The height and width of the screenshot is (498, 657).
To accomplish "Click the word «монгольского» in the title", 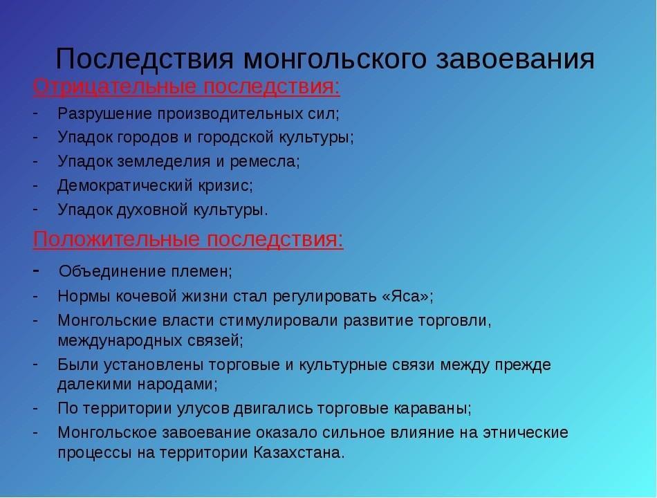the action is point(335,59).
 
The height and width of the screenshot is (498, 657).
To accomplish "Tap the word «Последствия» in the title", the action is point(145,58).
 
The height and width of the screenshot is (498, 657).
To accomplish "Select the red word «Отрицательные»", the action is point(114,87).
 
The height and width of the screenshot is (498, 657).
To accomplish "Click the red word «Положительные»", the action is point(116,239).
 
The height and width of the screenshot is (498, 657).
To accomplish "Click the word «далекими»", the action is point(95,384).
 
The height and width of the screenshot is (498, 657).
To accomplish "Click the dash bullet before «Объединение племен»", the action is point(36,271).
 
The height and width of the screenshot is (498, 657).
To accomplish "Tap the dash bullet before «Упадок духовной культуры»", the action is point(35,208).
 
